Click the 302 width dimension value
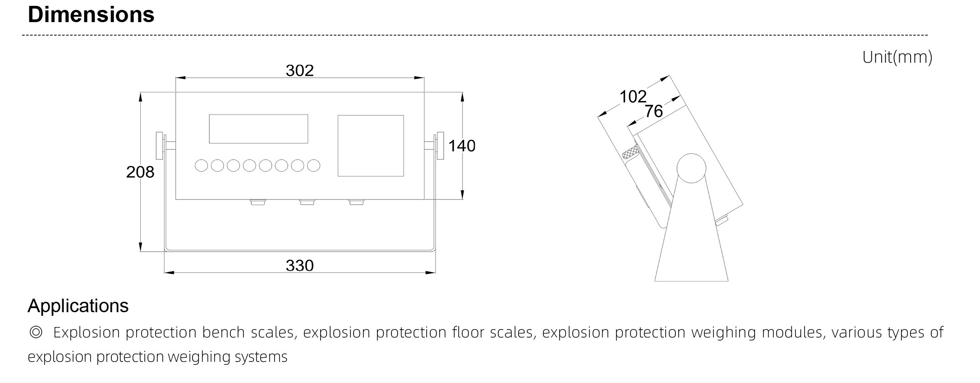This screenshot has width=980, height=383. coord(299,70)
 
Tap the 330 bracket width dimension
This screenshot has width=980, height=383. coord(299,265)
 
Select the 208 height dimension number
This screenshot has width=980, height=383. coord(140,172)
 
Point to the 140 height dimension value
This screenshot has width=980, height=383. coord(462,146)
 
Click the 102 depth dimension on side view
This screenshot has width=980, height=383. coord(633,96)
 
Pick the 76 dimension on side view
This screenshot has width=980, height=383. coord(653,111)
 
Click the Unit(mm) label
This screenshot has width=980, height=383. coord(897,57)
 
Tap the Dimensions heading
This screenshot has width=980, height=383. coord(91,14)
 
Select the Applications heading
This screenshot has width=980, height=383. coord(78,306)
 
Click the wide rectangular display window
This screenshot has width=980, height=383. coord(258,129)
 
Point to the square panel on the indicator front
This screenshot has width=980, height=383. coord(371,146)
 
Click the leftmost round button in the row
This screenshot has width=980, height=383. coord(201,166)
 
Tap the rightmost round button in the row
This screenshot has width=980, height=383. coord(313,166)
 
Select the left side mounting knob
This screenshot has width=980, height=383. coord(160,145)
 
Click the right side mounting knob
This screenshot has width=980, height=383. coord(439,145)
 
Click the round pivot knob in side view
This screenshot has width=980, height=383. coord(691,168)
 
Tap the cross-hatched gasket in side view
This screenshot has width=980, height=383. coord(630,155)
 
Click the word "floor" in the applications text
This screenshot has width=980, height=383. coord(468,332)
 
